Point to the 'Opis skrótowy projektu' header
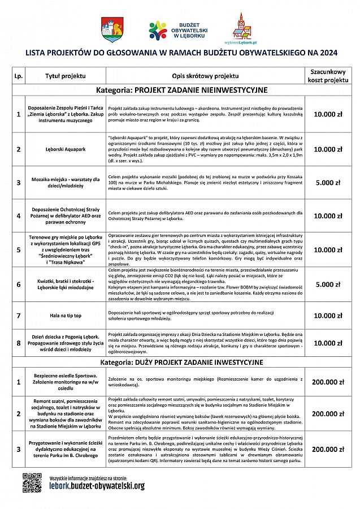point(205,75)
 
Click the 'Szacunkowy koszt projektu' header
point(328,76)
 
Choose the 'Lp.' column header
point(18,75)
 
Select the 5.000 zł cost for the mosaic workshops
point(328,183)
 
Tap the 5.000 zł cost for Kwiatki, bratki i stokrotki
point(328,284)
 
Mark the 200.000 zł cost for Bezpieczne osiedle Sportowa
point(328,382)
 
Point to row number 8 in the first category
point(18,343)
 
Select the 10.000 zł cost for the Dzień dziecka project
point(328,343)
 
